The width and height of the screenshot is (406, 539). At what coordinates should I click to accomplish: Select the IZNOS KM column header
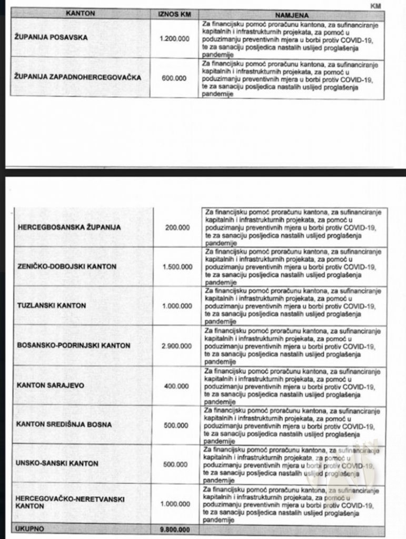(171, 14)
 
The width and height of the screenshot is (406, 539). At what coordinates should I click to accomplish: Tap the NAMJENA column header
(291, 14)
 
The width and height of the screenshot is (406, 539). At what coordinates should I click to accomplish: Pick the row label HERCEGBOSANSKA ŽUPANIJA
(70, 228)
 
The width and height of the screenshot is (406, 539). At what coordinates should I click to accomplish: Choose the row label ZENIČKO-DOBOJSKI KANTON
(67, 267)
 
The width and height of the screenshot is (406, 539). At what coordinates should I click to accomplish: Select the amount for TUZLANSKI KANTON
(175, 306)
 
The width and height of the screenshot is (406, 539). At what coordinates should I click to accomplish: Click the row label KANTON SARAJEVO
(51, 385)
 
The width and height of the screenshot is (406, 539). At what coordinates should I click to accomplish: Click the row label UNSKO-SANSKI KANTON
(55, 464)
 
